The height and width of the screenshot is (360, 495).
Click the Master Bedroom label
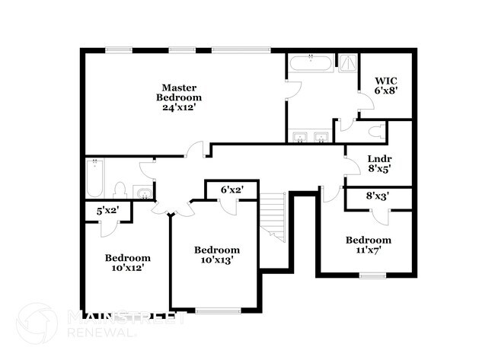(x=179, y=92)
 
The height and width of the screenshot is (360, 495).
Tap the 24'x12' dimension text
(x=179, y=107)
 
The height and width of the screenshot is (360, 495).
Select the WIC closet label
(x=387, y=80)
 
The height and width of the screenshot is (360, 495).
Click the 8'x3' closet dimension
(x=378, y=196)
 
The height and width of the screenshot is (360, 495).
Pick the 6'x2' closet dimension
(x=232, y=190)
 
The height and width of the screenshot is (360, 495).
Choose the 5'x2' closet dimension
(x=107, y=211)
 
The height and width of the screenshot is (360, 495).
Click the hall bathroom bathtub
(x=96, y=180)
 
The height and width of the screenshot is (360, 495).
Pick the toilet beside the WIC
(x=375, y=132)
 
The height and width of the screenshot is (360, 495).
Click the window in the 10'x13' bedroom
(x=218, y=310)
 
